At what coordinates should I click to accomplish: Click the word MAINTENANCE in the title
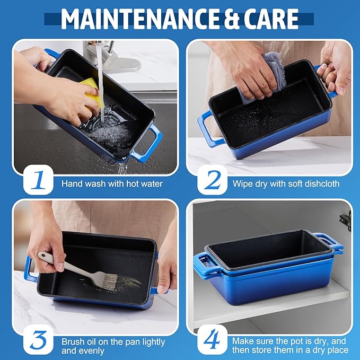tap(140, 19)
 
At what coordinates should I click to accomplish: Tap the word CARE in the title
tap(271, 19)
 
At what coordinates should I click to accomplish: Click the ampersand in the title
tap(231, 19)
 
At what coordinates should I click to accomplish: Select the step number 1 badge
tap(38, 180)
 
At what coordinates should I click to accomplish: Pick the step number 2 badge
tap(212, 180)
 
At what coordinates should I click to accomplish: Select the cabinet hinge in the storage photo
tap(346, 221)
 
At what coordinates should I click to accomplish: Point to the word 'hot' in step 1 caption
tap(134, 183)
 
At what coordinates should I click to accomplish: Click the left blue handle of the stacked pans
tap(203, 264)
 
